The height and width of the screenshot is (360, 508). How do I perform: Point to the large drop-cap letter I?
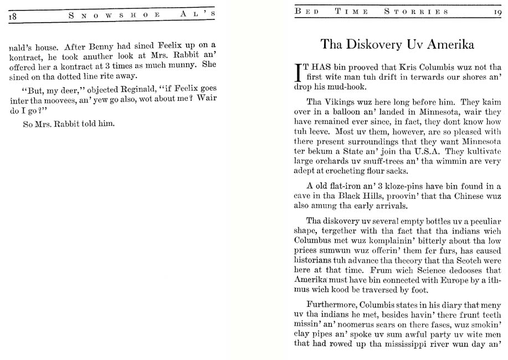click(299, 73)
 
